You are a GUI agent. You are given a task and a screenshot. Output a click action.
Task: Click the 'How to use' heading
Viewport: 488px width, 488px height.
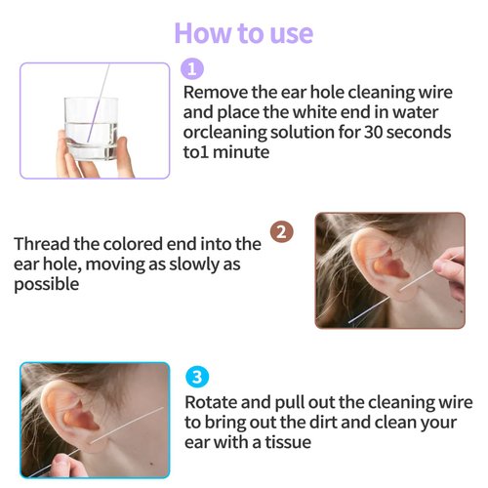point(243,31)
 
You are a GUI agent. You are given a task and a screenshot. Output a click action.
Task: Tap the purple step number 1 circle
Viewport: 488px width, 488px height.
point(193,68)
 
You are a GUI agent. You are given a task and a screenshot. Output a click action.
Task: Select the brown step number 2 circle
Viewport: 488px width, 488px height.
point(281,233)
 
